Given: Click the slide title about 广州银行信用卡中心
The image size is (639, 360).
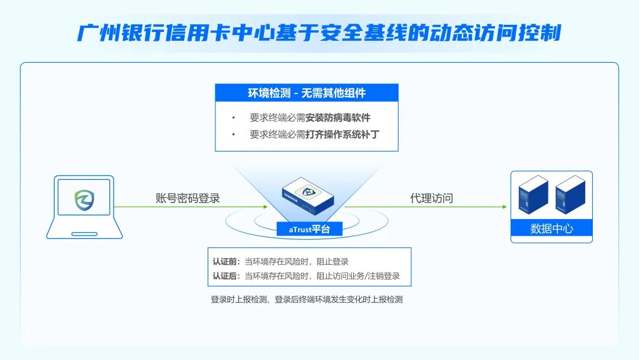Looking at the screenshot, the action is [319, 33].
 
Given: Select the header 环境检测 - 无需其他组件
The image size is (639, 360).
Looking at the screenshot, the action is [306, 93].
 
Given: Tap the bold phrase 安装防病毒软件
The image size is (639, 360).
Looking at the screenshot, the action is [338, 118].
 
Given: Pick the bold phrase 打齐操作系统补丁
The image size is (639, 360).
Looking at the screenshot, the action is [343, 134].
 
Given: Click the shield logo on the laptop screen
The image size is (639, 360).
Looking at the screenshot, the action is [85, 200].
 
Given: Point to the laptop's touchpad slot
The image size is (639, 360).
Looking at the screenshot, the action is [85, 234].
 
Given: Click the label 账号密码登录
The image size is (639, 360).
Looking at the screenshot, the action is [188, 198].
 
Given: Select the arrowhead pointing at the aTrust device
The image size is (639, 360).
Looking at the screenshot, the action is [265, 207].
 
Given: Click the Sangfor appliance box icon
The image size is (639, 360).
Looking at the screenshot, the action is [308, 196].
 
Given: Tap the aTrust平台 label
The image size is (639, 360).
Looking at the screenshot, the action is [309, 229].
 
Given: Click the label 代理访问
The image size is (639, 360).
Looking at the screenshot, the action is [431, 198].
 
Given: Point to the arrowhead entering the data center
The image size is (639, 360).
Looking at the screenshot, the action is [504, 207].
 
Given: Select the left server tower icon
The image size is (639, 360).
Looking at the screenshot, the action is [533, 195].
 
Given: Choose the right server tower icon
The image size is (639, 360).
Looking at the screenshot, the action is [570, 195].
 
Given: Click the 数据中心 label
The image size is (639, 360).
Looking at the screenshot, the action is [552, 229].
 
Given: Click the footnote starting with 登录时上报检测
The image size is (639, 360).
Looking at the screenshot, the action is [306, 299].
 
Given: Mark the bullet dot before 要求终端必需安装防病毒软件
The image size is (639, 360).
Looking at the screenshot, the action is [234, 118].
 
